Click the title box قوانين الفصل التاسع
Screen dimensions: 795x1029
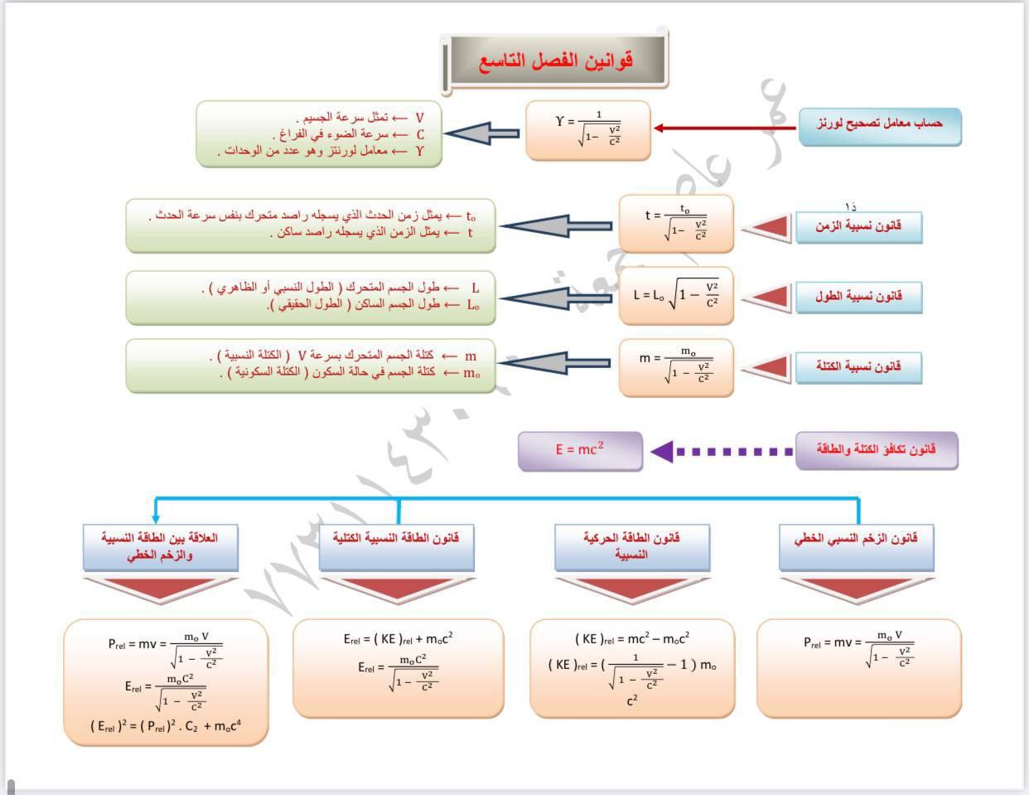point(555,61)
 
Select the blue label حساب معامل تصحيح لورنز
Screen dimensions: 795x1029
point(879,124)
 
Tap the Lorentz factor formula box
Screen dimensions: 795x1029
point(588,130)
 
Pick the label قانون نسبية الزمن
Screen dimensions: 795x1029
point(858,226)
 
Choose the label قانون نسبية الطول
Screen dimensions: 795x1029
point(858,297)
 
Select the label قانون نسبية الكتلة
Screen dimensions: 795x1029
point(858,366)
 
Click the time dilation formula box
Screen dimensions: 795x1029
point(676,223)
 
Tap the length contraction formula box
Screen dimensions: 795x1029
point(676,295)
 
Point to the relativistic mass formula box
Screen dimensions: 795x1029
point(676,366)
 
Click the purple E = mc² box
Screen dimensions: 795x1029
point(580,450)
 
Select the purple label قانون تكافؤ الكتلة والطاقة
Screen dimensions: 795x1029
point(876,450)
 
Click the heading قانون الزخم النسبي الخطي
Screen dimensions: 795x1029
point(856,539)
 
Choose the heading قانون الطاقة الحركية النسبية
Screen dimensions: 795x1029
point(631,545)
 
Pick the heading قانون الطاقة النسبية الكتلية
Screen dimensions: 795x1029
point(396,539)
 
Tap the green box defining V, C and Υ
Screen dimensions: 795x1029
point(319,134)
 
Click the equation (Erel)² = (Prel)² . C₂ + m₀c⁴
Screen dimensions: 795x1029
point(166,727)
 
